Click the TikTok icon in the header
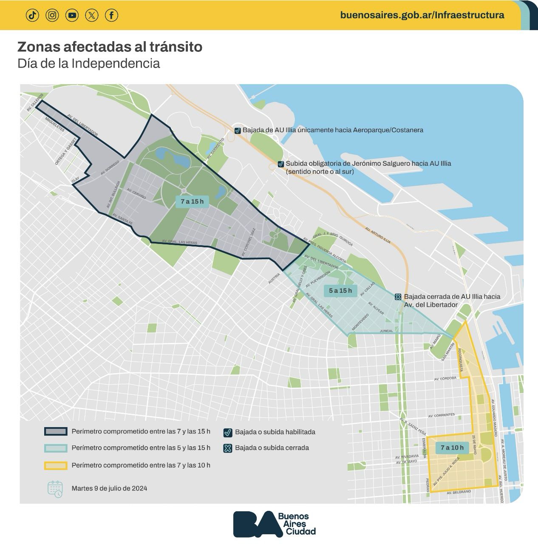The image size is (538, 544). [32, 15]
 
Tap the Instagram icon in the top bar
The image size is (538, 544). [52, 15]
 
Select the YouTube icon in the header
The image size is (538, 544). [72, 15]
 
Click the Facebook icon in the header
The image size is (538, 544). [111, 15]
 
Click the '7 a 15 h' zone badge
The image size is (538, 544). [192, 201]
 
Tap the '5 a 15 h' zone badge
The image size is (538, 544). [340, 291]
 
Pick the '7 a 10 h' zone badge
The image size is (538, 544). [452, 448]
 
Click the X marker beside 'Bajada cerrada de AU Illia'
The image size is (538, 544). [398, 297]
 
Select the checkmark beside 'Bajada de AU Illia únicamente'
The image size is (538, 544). [238, 130]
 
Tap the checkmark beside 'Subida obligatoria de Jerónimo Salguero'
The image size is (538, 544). [280, 164]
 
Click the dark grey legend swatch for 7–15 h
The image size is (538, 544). [56, 431]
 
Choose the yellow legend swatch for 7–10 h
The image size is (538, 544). [56, 465]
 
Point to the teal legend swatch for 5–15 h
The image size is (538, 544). [56, 448]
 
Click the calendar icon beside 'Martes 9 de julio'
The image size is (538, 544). [55, 489]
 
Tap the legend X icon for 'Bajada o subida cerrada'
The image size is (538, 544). [228, 448]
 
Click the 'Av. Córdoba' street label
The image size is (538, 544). [445, 378]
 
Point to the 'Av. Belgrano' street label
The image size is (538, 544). [459, 492]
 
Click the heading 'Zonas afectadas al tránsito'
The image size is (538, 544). [110, 47]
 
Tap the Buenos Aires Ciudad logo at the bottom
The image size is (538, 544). [275, 524]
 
